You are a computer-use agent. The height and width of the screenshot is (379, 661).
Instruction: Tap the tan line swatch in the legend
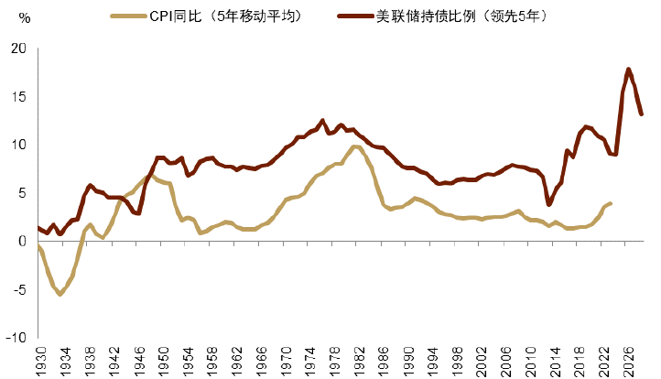click(x=127, y=16)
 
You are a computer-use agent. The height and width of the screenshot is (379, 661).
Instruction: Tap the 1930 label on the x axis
click(x=39, y=358)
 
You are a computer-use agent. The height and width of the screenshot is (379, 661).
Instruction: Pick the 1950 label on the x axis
click(x=162, y=358)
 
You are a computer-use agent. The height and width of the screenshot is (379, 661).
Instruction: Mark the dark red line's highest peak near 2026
click(x=628, y=69)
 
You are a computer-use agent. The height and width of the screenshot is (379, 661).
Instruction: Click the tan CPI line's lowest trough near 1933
click(x=60, y=294)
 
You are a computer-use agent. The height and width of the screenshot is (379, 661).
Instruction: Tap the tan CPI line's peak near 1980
click(x=353, y=146)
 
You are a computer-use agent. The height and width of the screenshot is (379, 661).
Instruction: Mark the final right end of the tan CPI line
click(x=611, y=203)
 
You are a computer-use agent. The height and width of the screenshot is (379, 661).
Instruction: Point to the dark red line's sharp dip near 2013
click(x=549, y=203)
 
